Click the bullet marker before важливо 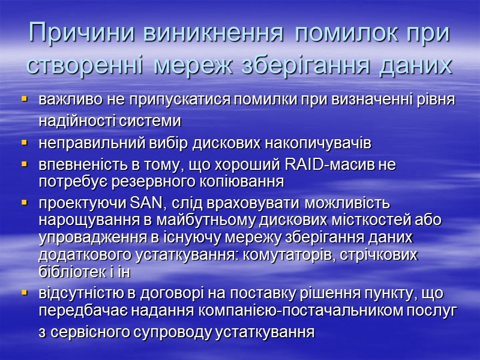click(x=25, y=98)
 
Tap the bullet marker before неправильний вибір click(x=25, y=144)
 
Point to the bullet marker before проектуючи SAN click(x=25, y=203)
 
